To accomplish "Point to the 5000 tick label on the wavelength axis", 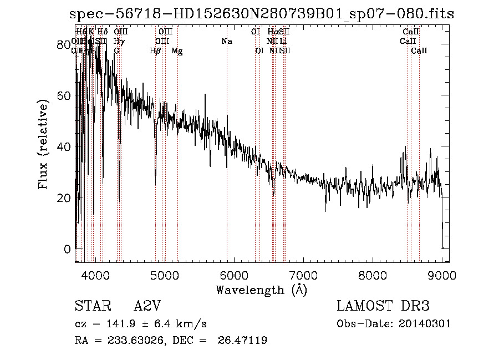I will (x=164, y=275).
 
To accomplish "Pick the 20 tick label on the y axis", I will (x=64, y=197).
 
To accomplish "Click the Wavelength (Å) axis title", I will (x=261, y=290).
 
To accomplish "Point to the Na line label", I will (x=226, y=41).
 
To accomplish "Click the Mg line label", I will (x=177, y=51).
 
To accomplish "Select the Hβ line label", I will (x=155, y=51).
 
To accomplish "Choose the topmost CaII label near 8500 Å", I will (x=410, y=32).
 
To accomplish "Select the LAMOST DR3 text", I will (x=383, y=306).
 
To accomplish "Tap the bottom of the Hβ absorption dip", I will (x=155, y=184).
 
